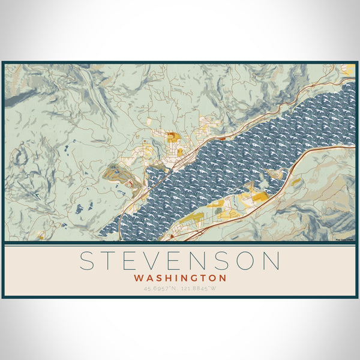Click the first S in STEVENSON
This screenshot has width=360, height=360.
(x=88, y=262)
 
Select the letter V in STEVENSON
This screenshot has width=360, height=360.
(x=157, y=262)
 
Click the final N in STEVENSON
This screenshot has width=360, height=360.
(x=271, y=262)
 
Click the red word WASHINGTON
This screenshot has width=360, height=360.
(x=180, y=278)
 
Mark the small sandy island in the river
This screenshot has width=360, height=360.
(x=277, y=175)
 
